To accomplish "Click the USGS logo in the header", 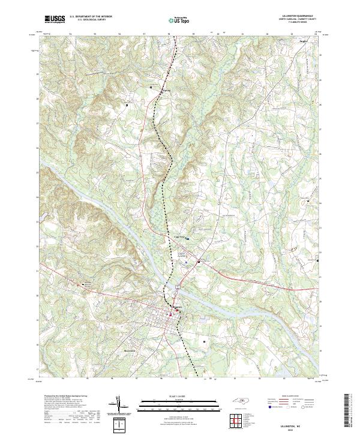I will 53,19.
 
